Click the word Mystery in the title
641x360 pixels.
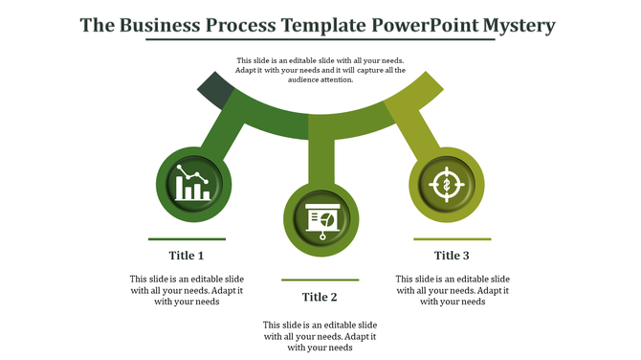[517, 24]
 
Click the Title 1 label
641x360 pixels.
[187, 256]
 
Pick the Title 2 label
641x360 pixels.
[320, 297]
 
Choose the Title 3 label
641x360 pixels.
[452, 256]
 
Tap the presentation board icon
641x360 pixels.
[320, 219]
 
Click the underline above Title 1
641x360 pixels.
[187, 238]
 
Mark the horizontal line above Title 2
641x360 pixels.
[320, 280]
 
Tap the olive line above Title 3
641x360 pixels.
[452, 238]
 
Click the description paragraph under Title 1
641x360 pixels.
[187, 290]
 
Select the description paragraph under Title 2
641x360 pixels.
[320, 336]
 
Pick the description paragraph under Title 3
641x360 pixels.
[452, 290]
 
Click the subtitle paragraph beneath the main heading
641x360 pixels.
[320, 70]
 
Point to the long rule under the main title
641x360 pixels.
[320, 41]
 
